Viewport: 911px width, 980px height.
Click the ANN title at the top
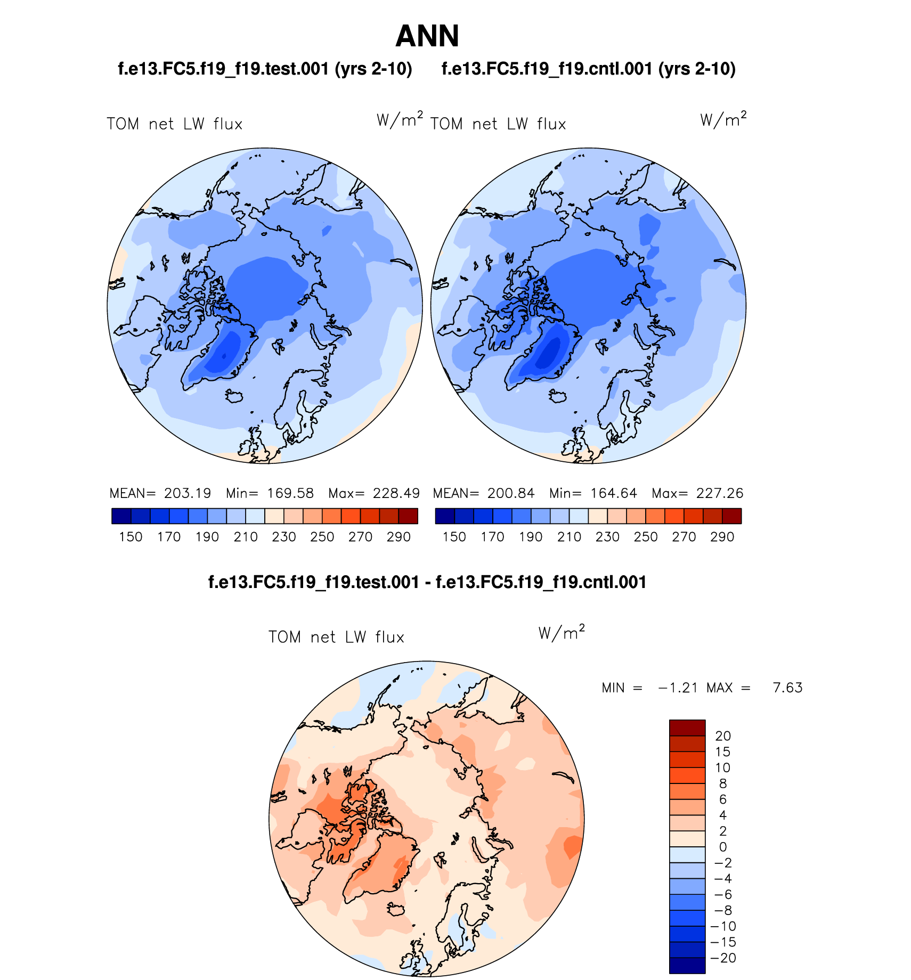[427, 36]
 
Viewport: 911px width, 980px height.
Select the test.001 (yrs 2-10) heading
[265, 69]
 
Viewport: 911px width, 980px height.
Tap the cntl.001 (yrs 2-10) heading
[588, 69]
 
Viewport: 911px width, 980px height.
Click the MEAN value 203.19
[188, 493]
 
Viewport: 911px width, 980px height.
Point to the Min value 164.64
[614, 493]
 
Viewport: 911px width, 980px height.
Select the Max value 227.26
[720, 493]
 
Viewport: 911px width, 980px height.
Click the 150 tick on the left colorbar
[131, 537]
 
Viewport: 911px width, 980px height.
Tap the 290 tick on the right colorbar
[722, 537]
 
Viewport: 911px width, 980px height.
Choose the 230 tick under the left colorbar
[283, 537]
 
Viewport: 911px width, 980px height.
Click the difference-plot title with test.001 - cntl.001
[427, 582]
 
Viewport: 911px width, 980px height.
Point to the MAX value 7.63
[787, 688]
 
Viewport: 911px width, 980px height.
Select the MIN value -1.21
[678, 688]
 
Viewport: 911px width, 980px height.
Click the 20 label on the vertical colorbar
[723, 736]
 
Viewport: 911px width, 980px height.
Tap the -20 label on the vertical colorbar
[723, 958]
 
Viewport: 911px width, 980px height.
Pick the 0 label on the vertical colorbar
[723, 847]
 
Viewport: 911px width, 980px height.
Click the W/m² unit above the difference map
[562, 632]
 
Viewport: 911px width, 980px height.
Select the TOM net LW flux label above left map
[175, 124]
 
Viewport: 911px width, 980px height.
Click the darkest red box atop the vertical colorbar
[687, 728]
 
